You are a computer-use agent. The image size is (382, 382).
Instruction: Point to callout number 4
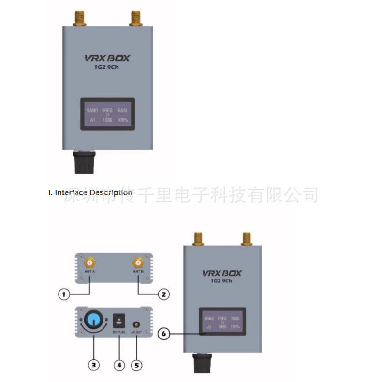pyautogui.click(x=118, y=364)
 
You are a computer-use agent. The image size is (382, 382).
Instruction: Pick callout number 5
pyautogui.click(x=137, y=364)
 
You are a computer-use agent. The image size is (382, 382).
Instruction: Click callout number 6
pyautogui.click(x=164, y=334)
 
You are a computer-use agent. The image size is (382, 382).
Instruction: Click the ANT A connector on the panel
pyautogui.click(x=89, y=264)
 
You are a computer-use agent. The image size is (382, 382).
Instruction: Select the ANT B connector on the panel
pyautogui.click(x=138, y=264)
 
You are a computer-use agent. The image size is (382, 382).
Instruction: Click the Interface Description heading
pyautogui.click(x=90, y=192)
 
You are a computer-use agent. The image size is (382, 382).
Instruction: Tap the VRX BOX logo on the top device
pyautogui.click(x=105, y=59)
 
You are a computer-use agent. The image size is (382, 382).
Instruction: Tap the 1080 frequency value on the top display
pyautogui.click(x=107, y=120)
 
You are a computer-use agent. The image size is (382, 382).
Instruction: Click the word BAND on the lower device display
pyautogui.click(x=209, y=319)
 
